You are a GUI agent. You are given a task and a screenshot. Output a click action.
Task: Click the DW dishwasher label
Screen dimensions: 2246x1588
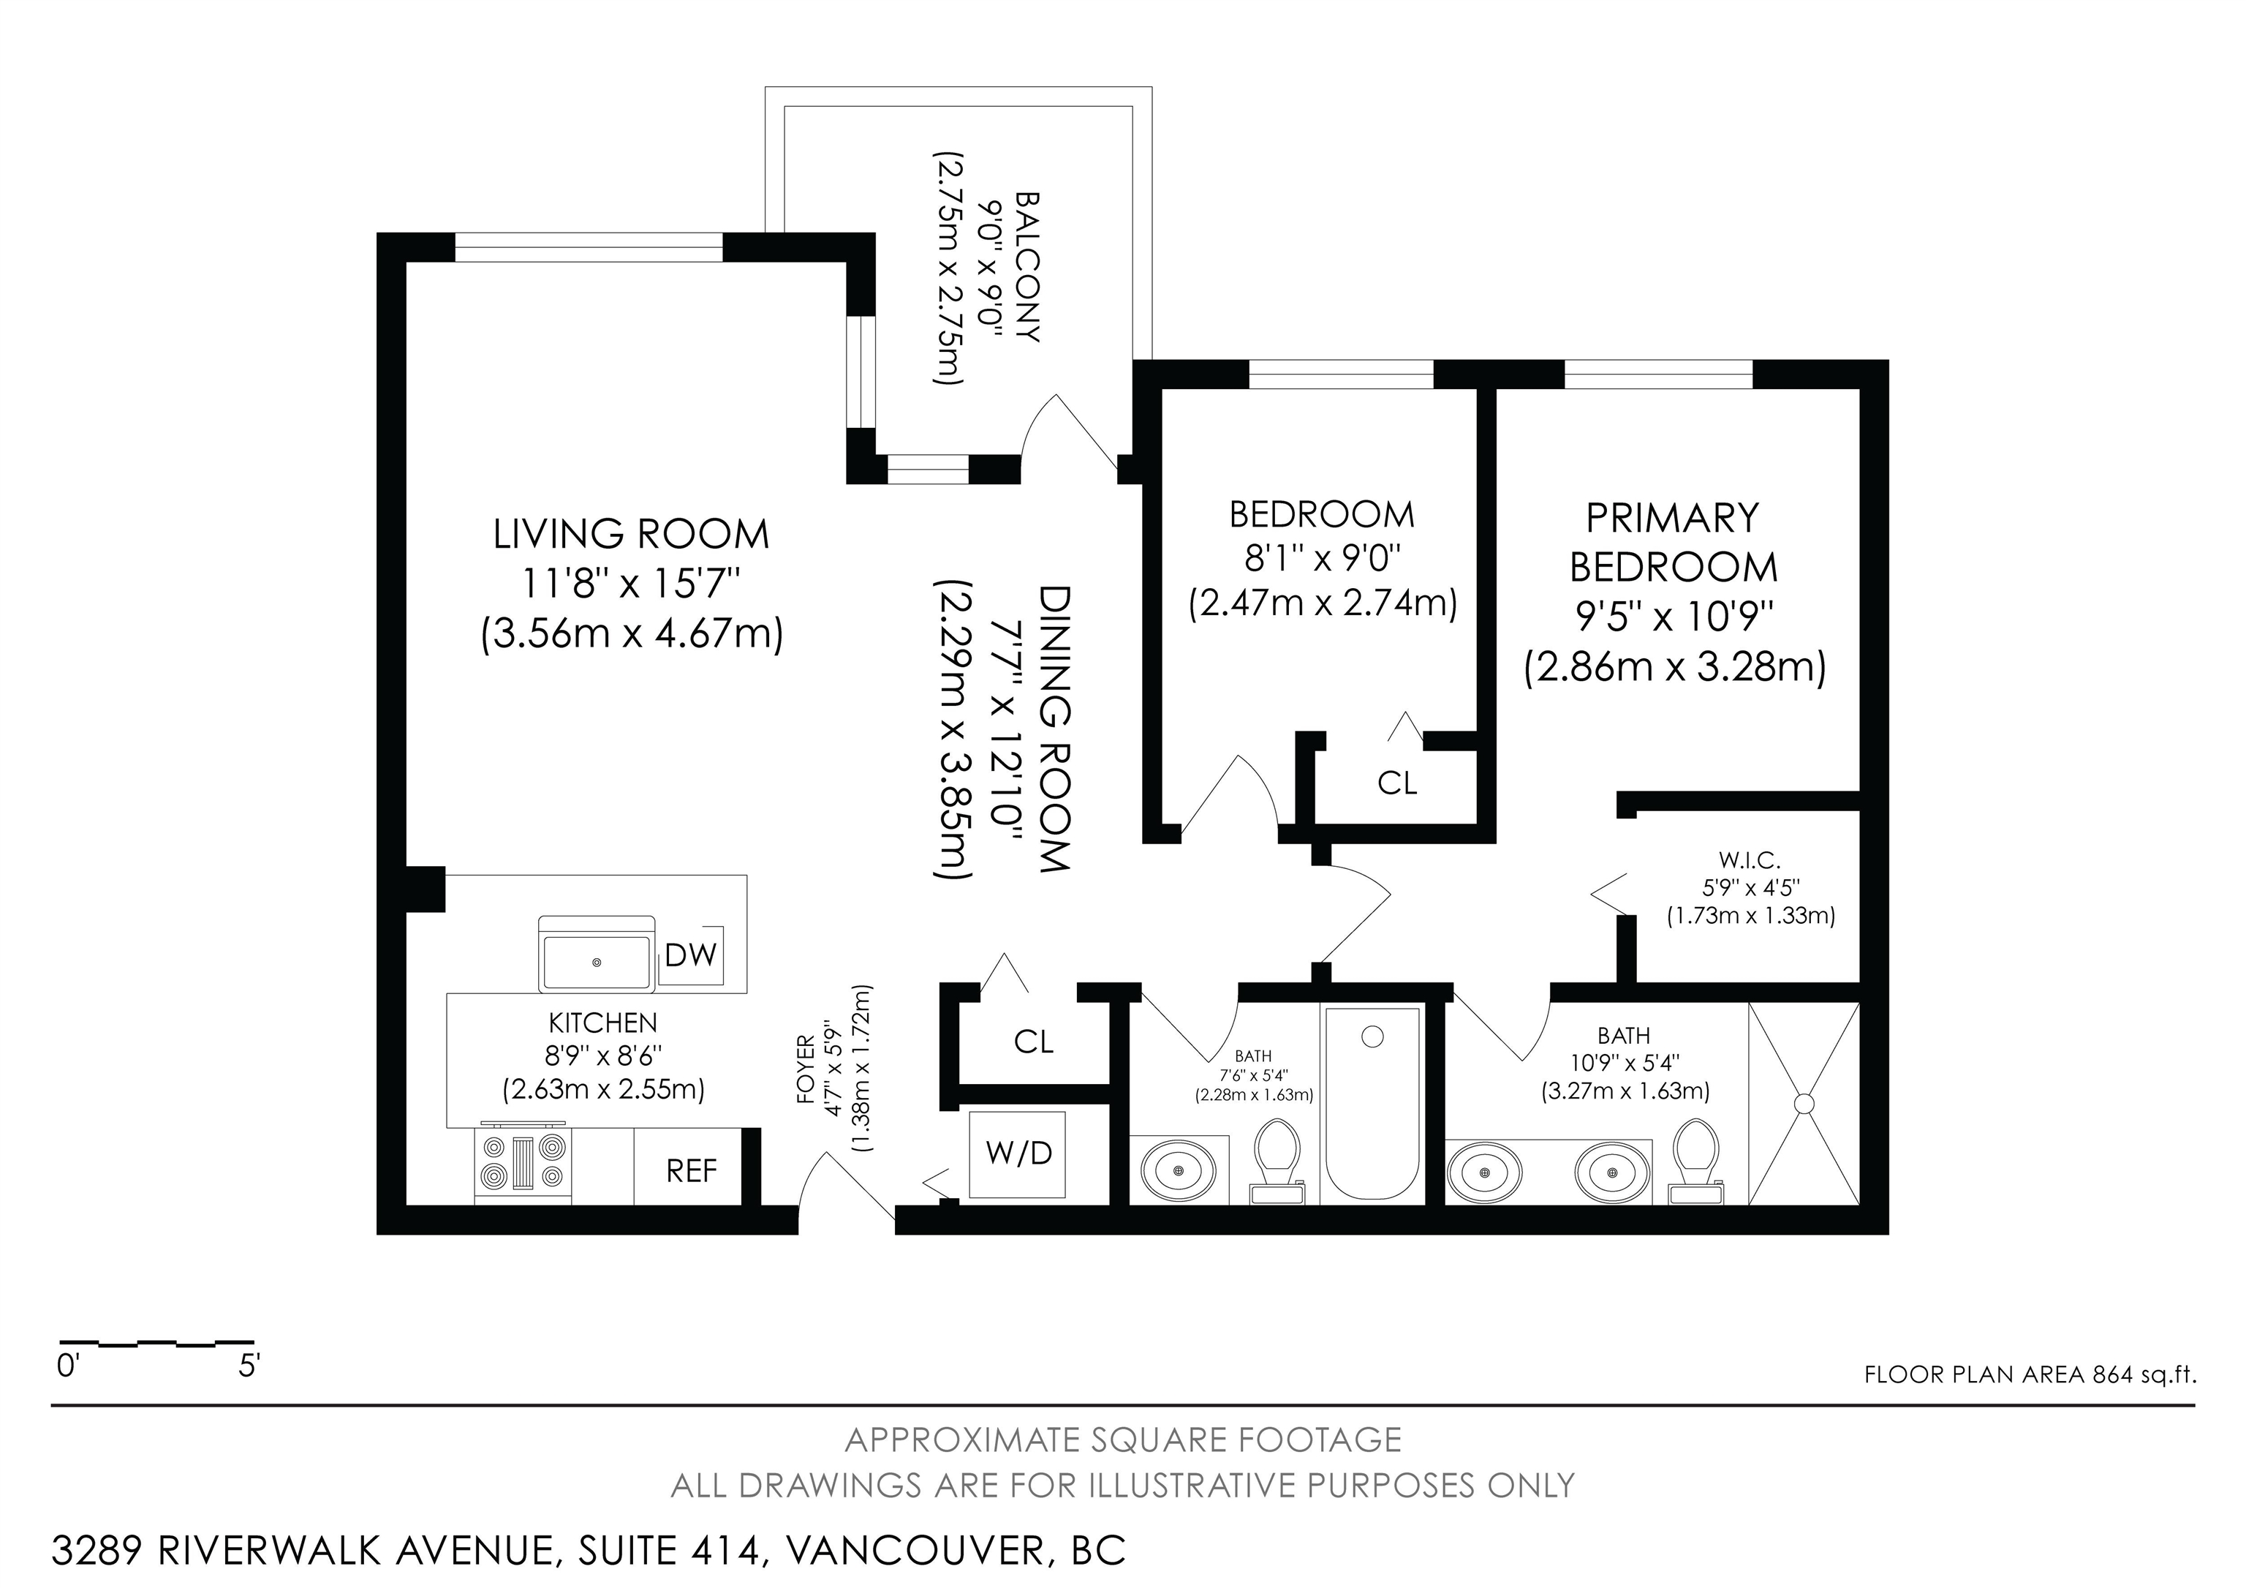691,955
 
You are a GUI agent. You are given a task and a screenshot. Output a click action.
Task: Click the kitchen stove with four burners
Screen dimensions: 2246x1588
523,1164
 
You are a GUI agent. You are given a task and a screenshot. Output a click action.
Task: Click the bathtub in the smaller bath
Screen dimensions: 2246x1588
1372,1103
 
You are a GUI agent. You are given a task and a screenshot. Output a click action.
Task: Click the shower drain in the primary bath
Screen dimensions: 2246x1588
1803,1103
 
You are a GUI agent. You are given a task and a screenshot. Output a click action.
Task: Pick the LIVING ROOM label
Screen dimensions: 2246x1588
631,534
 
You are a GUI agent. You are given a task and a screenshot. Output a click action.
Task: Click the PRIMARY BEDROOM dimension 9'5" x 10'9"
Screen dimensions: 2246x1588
1674,617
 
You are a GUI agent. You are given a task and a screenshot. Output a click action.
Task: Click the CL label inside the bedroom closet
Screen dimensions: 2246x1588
1397,783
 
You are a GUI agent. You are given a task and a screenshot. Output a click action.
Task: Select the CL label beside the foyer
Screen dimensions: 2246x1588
1034,1042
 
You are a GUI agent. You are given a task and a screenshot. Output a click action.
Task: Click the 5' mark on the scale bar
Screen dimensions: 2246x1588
249,1366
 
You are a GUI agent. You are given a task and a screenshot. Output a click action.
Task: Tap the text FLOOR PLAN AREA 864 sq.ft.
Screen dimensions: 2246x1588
2030,1374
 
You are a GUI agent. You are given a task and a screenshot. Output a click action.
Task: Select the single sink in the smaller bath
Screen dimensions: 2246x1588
1179,1170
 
